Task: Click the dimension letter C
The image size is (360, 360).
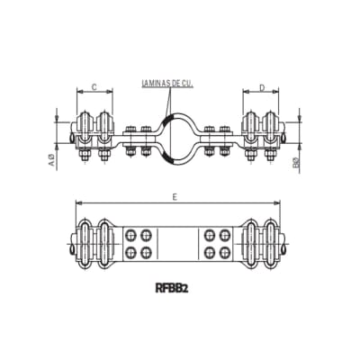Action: pyautogui.click(x=94, y=88)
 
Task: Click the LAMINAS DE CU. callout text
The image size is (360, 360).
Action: pyautogui.click(x=168, y=84)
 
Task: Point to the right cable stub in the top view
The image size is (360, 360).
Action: pyautogui.click(x=286, y=137)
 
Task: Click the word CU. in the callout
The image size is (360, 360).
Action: pyautogui.click(x=187, y=84)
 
